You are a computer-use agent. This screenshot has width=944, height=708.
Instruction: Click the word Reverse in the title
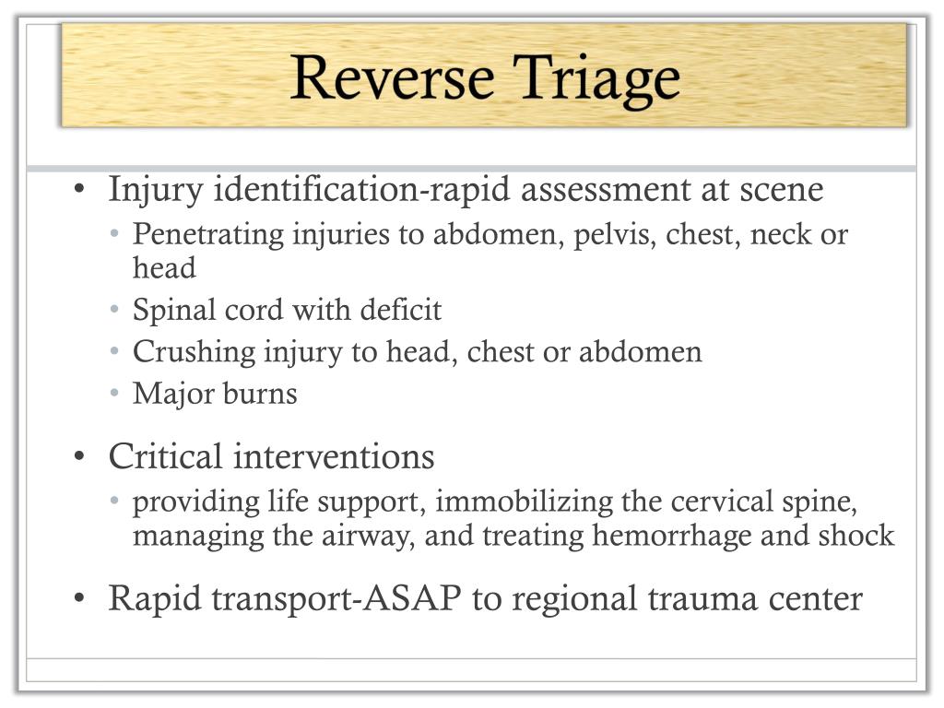pyautogui.click(x=390, y=77)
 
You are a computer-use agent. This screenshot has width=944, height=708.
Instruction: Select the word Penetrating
pyautogui.click(x=209, y=234)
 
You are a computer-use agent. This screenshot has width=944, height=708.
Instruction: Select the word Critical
pyautogui.click(x=166, y=456)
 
